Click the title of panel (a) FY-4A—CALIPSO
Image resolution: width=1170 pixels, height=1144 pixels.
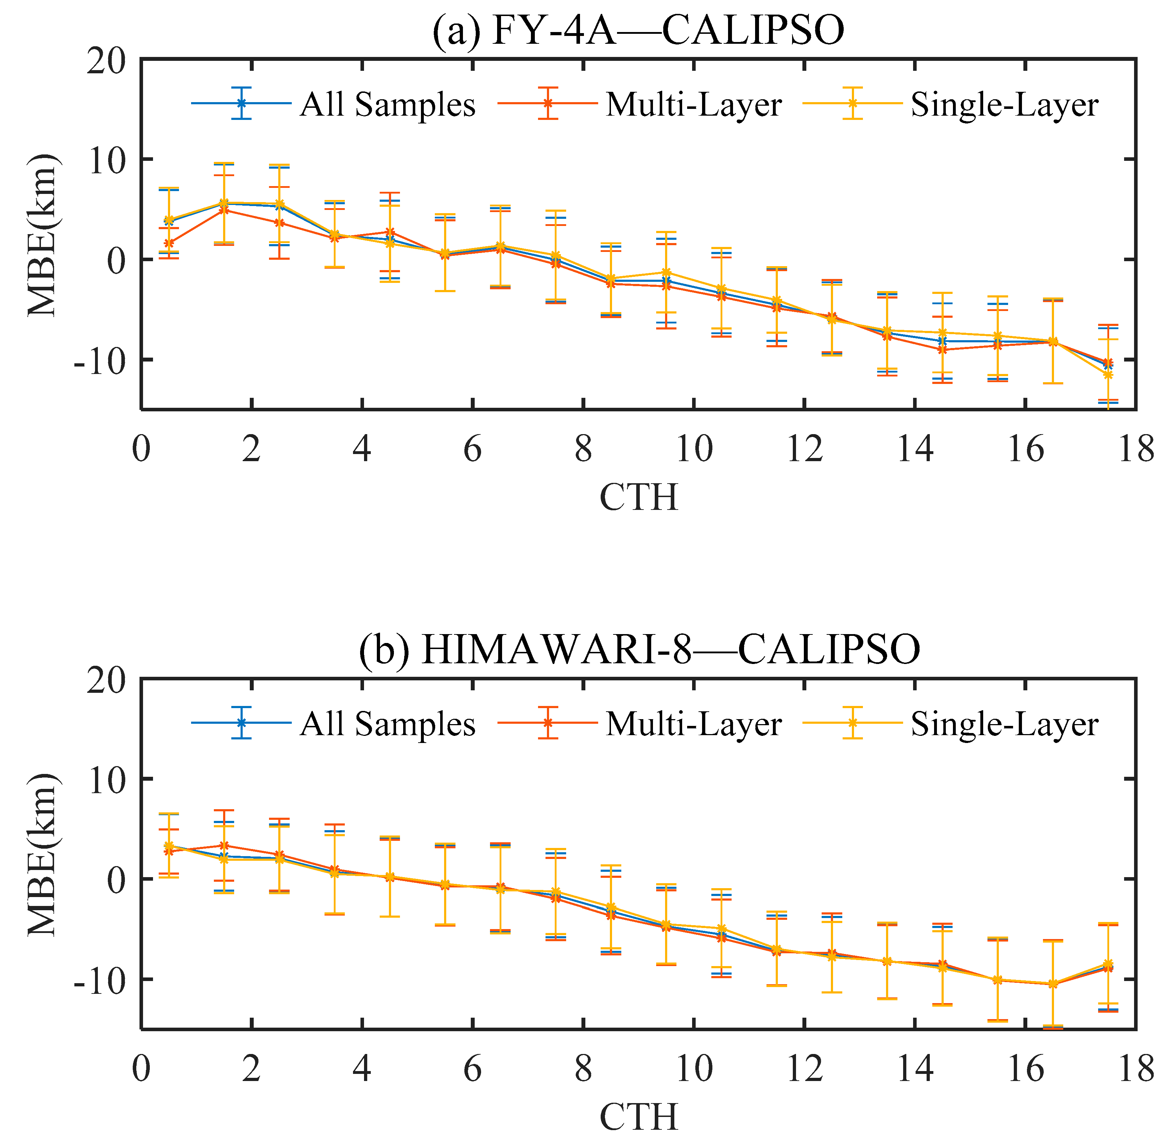[638, 30]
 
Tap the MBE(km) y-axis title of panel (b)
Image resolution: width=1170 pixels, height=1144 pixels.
[42, 855]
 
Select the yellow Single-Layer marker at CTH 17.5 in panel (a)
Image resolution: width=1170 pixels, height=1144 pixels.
[1108, 374]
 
